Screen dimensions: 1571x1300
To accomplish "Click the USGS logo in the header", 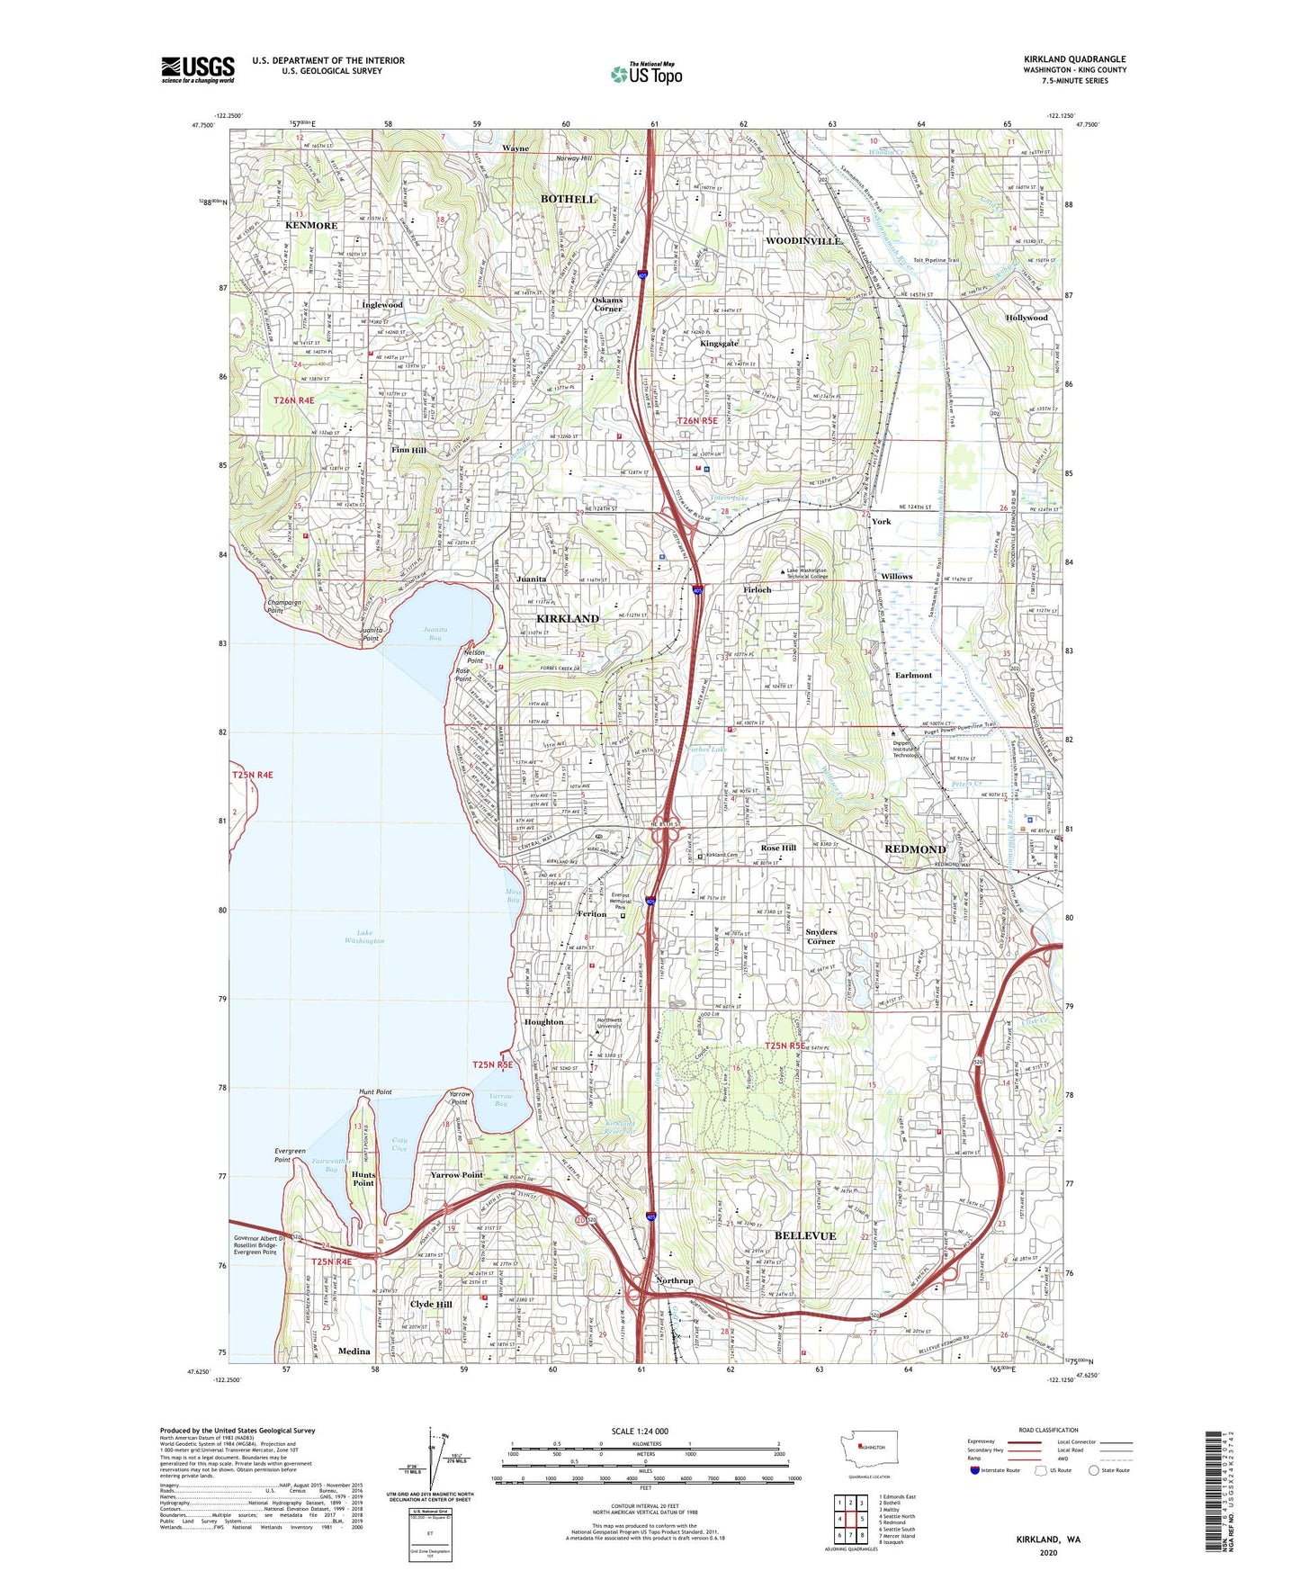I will pyautogui.click(x=197, y=69).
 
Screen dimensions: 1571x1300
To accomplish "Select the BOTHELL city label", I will pyautogui.click(x=568, y=199).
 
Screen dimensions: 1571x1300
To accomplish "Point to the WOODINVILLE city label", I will pyautogui.click(x=803, y=241).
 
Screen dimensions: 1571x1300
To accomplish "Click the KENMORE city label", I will pyautogui.click(x=310, y=226).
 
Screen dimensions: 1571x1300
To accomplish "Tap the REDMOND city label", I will pyautogui.click(x=915, y=849).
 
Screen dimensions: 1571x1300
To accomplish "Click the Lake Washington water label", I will pyautogui.click(x=364, y=937).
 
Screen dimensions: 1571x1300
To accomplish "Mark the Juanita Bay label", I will pyautogui.click(x=435, y=633).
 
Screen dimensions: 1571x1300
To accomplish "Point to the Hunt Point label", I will pyautogui.click(x=375, y=1091).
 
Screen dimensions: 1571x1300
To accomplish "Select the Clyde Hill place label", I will pyautogui.click(x=431, y=1304).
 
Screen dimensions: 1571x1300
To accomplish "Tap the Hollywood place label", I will pyautogui.click(x=1027, y=318).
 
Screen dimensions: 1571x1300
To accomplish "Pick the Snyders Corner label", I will pyautogui.click(x=820, y=937).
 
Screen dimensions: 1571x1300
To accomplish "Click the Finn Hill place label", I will pyautogui.click(x=408, y=449).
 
